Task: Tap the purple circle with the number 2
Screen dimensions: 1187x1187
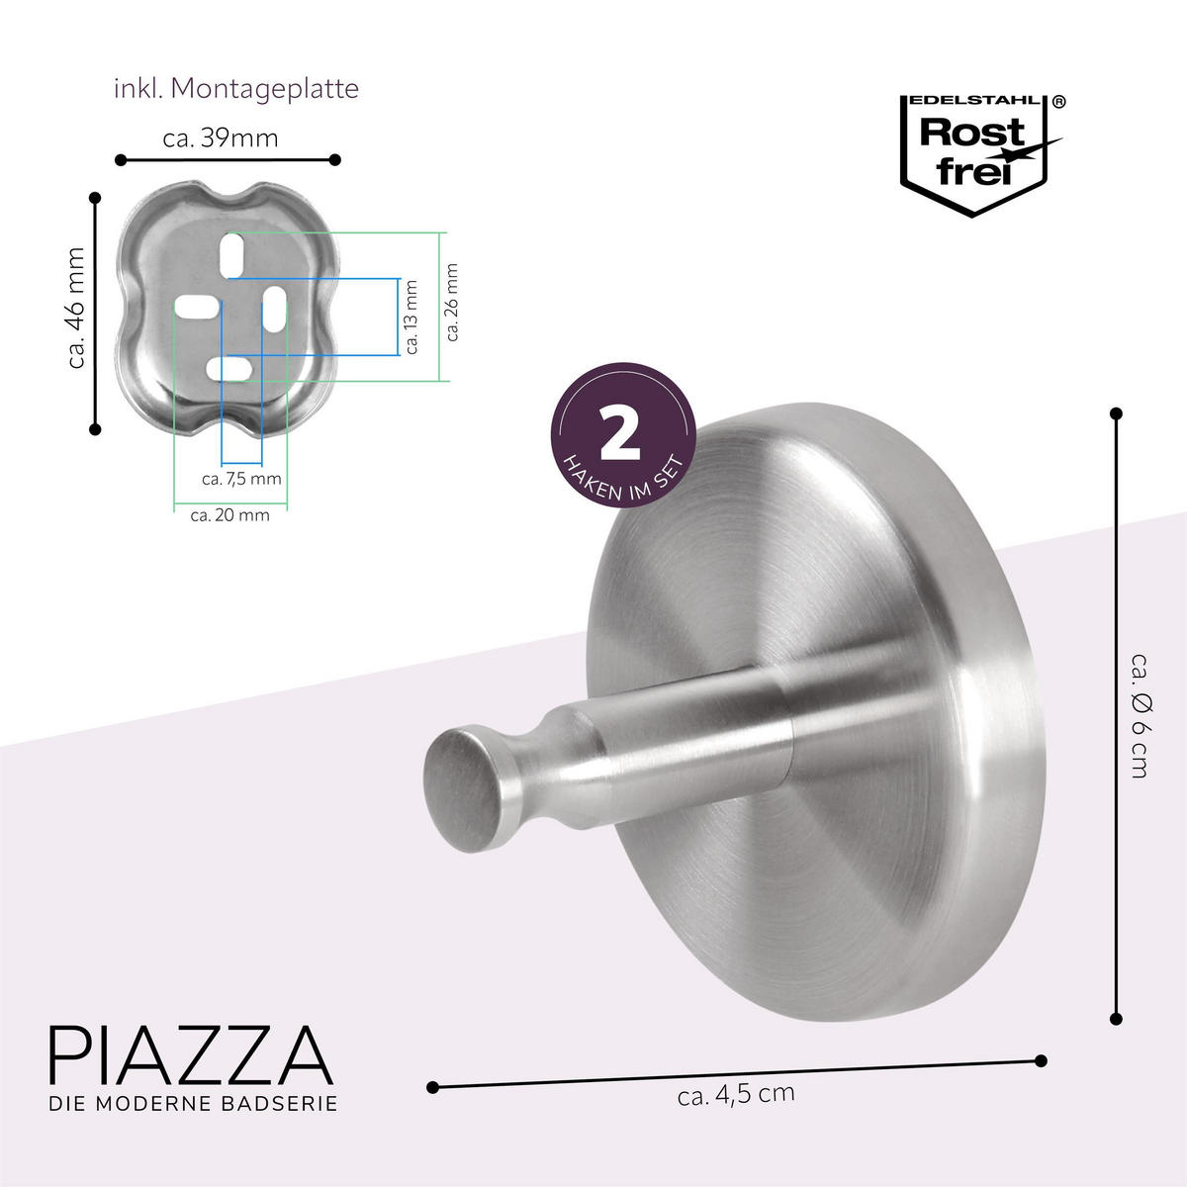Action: point(623,444)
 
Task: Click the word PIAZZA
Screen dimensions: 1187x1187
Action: point(190,1055)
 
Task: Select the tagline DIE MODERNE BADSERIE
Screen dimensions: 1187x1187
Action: point(194,1103)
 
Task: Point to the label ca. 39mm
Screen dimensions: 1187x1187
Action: point(221,138)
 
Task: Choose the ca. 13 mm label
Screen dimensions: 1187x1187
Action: point(412,317)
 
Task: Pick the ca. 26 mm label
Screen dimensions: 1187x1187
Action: point(452,302)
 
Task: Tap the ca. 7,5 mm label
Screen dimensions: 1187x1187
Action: point(241,480)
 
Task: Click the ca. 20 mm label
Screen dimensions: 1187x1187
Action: point(229,515)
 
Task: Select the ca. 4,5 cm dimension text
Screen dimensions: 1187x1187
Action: point(736,1095)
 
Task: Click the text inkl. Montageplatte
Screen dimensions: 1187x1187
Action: point(235,89)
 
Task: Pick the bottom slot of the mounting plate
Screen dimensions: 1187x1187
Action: point(230,369)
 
